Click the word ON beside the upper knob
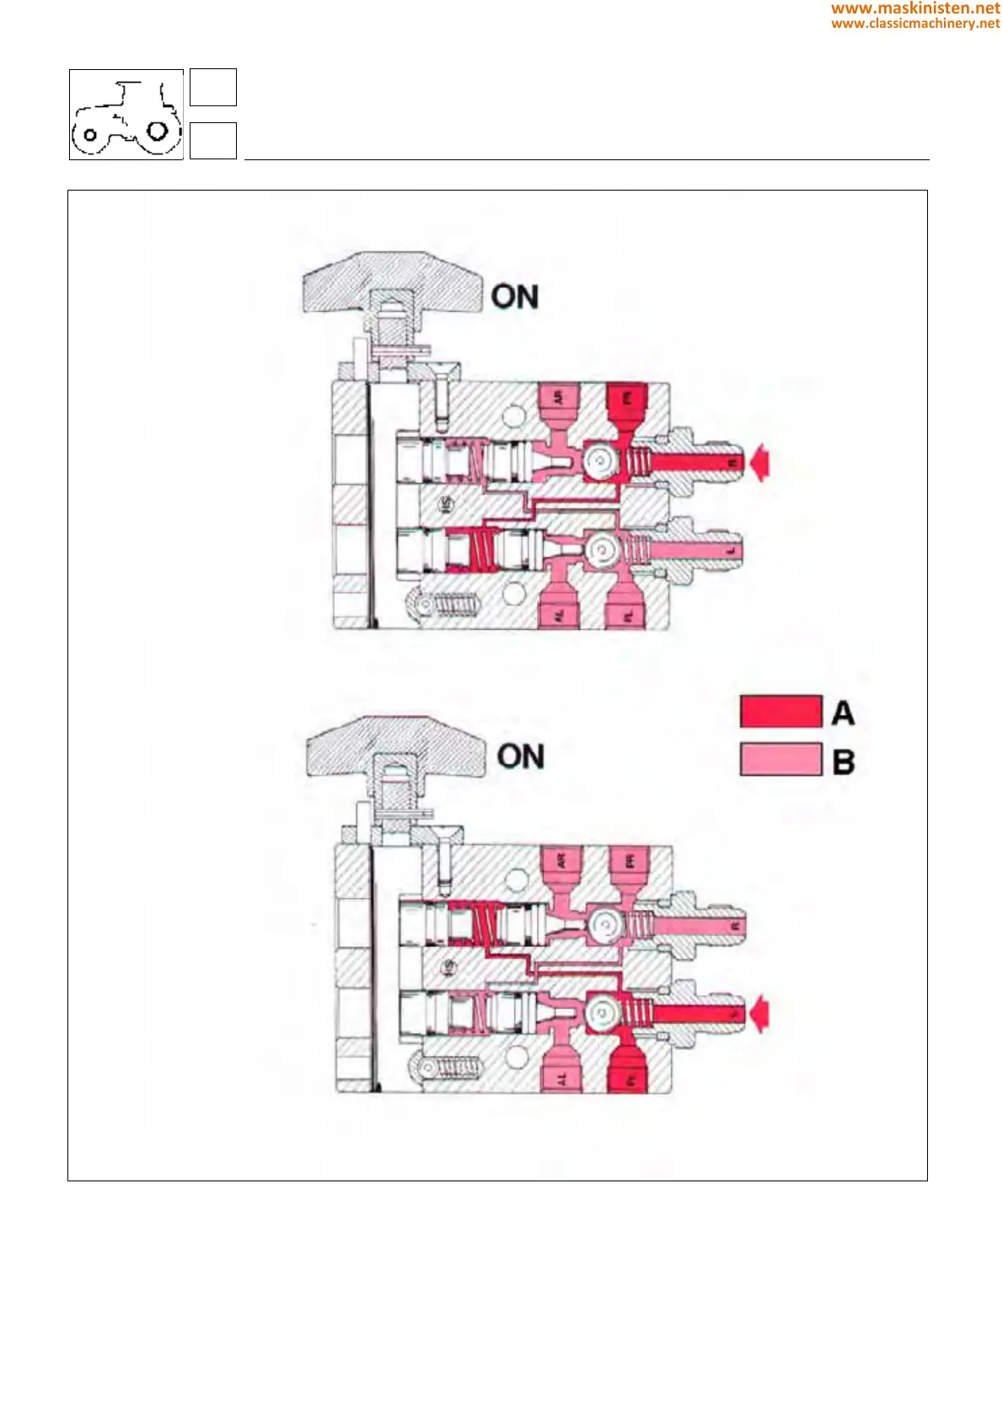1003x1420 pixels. pos(514,297)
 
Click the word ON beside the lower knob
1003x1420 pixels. pos(520,756)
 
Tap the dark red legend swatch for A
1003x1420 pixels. pos(780,712)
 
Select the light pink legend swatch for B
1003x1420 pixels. pos(780,759)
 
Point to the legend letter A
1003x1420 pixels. pos(843,713)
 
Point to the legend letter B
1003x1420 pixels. pos(843,761)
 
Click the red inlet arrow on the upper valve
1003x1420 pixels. pos(760,463)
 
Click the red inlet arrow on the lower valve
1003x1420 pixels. pos(760,1013)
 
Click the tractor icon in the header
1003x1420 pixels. pos(126,115)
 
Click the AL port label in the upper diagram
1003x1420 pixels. pos(558,616)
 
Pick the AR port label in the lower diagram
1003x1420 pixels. pos(562,861)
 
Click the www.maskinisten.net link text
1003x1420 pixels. pos(915,8)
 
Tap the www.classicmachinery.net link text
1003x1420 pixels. pos(915,24)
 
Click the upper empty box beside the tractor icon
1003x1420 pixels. pos(212,88)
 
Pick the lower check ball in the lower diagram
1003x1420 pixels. pos(603,1014)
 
